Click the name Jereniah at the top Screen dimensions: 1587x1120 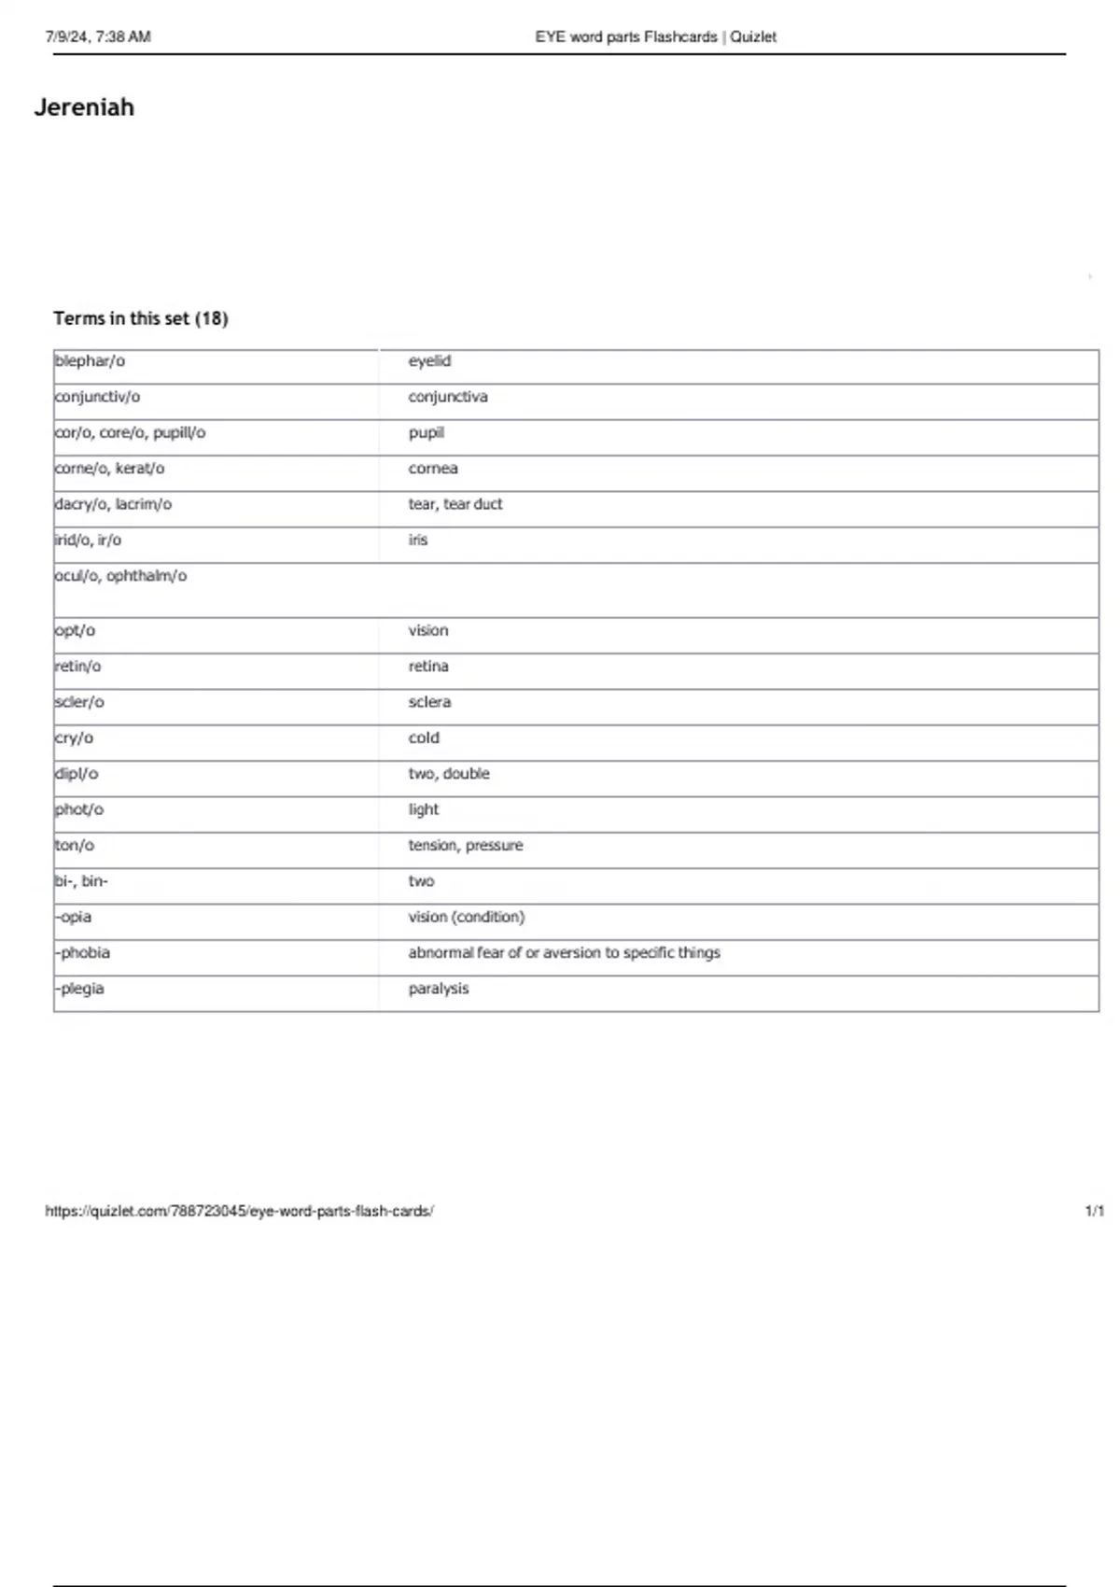(x=84, y=107)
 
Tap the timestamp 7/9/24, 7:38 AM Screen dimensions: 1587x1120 (x=98, y=37)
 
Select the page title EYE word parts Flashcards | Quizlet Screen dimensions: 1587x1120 (x=655, y=37)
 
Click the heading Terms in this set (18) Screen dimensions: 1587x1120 (x=141, y=318)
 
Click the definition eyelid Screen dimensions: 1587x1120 (x=429, y=361)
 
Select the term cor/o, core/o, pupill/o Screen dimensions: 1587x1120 (x=130, y=433)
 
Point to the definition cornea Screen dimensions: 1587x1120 (x=433, y=469)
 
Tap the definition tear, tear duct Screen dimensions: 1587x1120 (x=455, y=504)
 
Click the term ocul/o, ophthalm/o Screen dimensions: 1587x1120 (x=120, y=576)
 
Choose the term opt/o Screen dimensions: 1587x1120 (x=75, y=631)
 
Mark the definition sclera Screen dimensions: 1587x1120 (x=429, y=702)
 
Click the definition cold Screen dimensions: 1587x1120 (x=424, y=738)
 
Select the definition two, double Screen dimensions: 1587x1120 (x=449, y=774)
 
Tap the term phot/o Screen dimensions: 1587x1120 (x=79, y=809)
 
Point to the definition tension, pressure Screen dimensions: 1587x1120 (x=466, y=846)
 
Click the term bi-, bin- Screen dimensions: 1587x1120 (x=81, y=881)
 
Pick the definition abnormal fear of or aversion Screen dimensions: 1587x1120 (x=564, y=953)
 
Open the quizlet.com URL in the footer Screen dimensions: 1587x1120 (x=239, y=1211)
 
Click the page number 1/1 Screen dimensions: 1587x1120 (x=1095, y=1211)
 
